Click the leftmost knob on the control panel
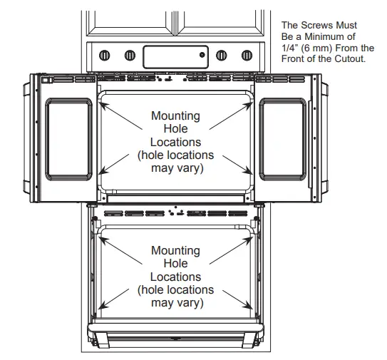pyautogui.click(x=105, y=54)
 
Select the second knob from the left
pyautogui.click(x=130, y=54)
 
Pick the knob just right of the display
pyautogui.click(x=220, y=54)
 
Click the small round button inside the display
pyautogui.click(x=202, y=53)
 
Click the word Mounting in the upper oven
pyautogui.click(x=175, y=115)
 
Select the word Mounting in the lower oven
pyautogui.click(x=175, y=250)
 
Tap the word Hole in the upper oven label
pyautogui.click(x=175, y=129)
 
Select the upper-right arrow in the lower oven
pyautogui.click(x=238, y=244)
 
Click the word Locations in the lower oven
pyautogui.click(x=175, y=277)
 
